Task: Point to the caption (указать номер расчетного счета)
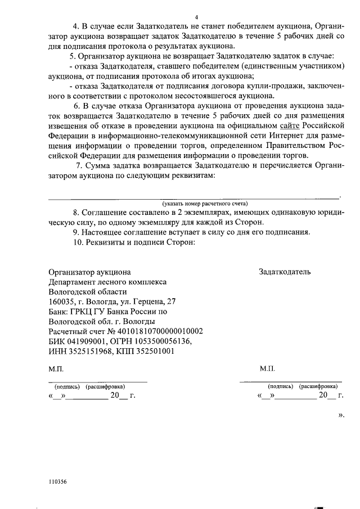(x=205, y=203)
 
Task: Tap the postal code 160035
(x=61, y=301)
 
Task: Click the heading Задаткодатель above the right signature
(x=285, y=272)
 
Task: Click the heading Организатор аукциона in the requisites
(x=90, y=272)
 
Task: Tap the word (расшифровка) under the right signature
(x=318, y=386)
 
